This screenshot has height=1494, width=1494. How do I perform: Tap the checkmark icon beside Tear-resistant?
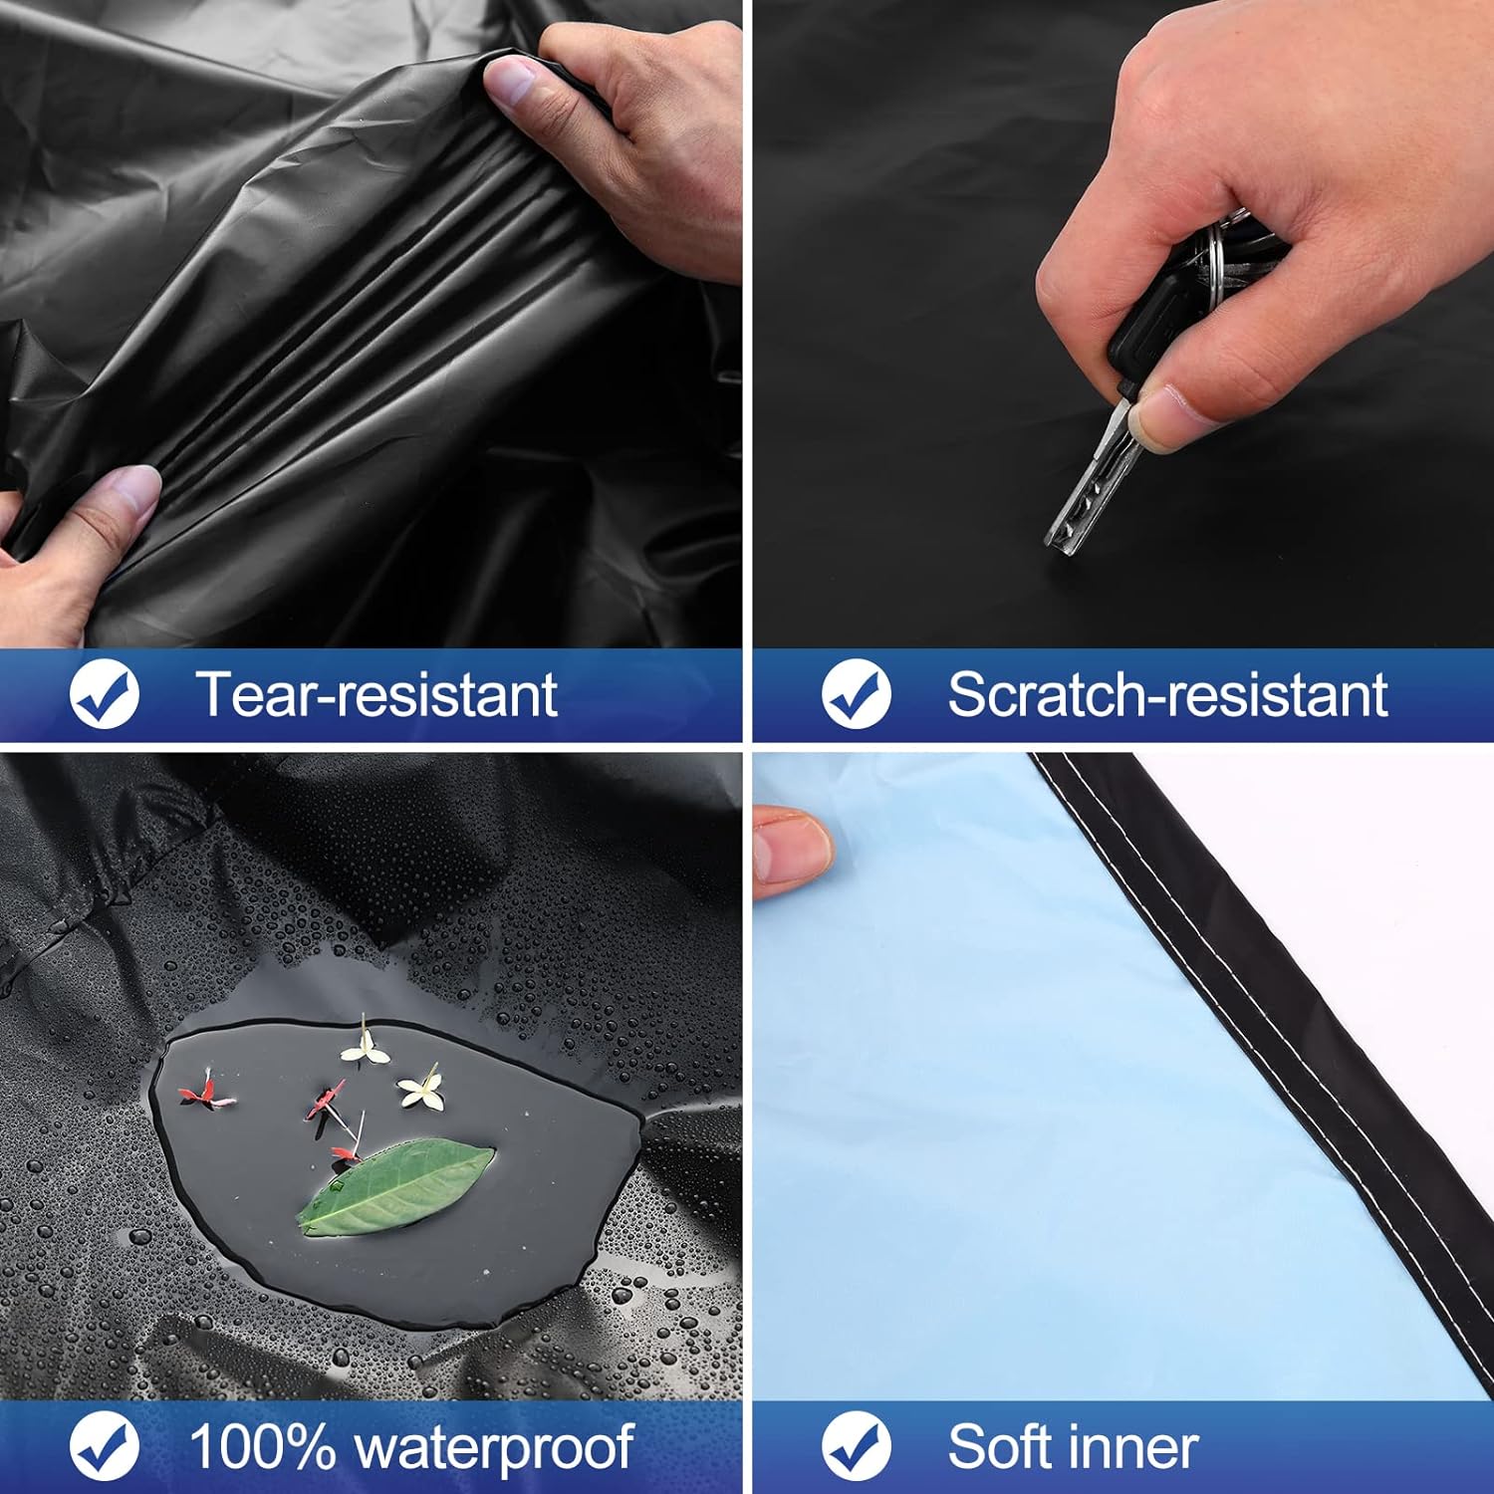tap(105, 695)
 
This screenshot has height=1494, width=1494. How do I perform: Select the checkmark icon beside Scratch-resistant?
tap(857, 695)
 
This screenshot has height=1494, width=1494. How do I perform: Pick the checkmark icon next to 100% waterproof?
tap(105, 1446)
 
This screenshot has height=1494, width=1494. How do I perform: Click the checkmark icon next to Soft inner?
tap(857, 1446)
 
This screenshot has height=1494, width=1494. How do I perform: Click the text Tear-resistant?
tap(376, 695)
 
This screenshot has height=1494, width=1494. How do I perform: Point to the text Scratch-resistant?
tap(1166, 695)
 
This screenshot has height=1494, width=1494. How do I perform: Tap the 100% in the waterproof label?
tap(262, 1446)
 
